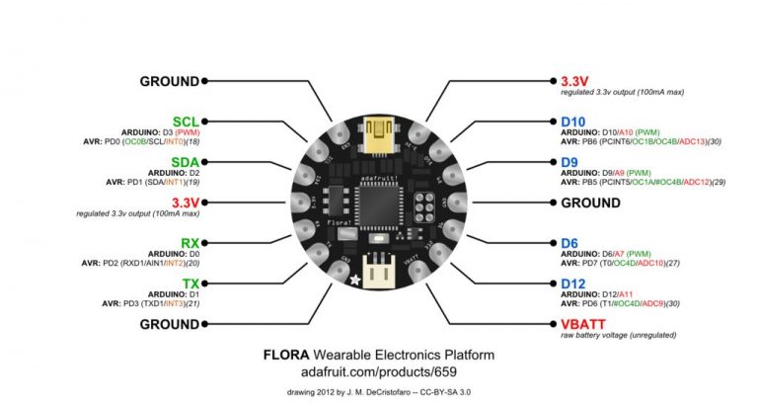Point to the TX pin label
point(190,283)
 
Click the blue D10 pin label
point(574,121)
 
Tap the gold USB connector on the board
point(380,134)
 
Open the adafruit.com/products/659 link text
point(379,371)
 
